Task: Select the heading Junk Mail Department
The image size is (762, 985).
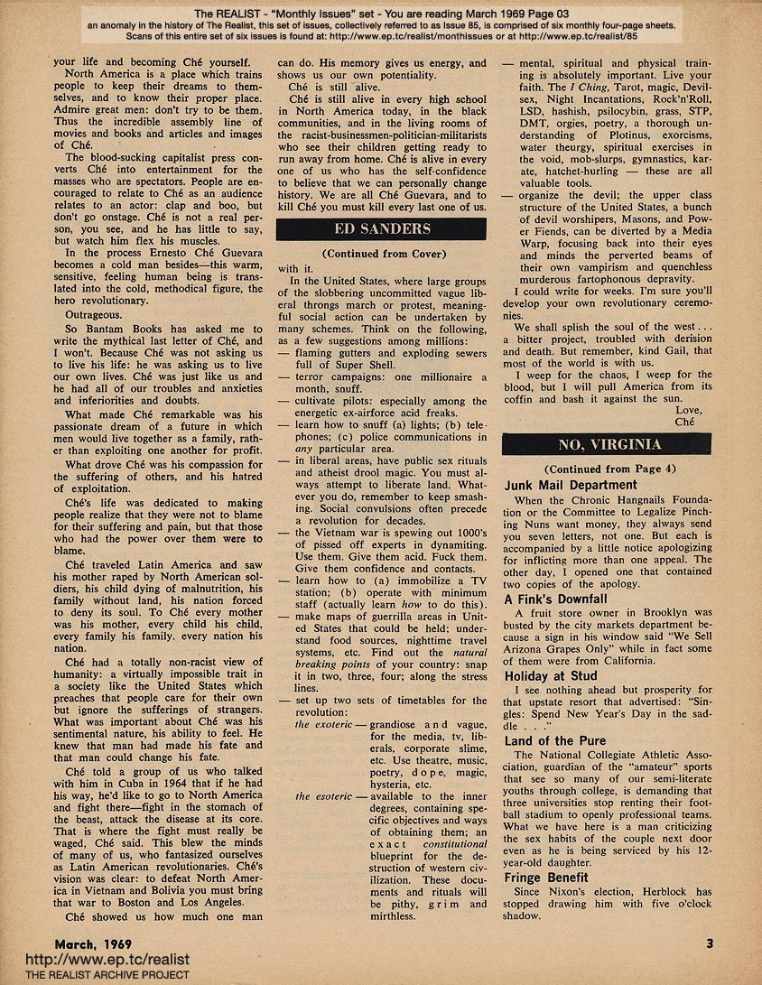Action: click(571, 485)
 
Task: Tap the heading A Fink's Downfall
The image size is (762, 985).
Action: click(556, 599)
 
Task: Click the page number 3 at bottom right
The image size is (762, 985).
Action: click(710, 944)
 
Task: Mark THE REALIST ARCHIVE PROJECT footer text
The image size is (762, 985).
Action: click(95, 975)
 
